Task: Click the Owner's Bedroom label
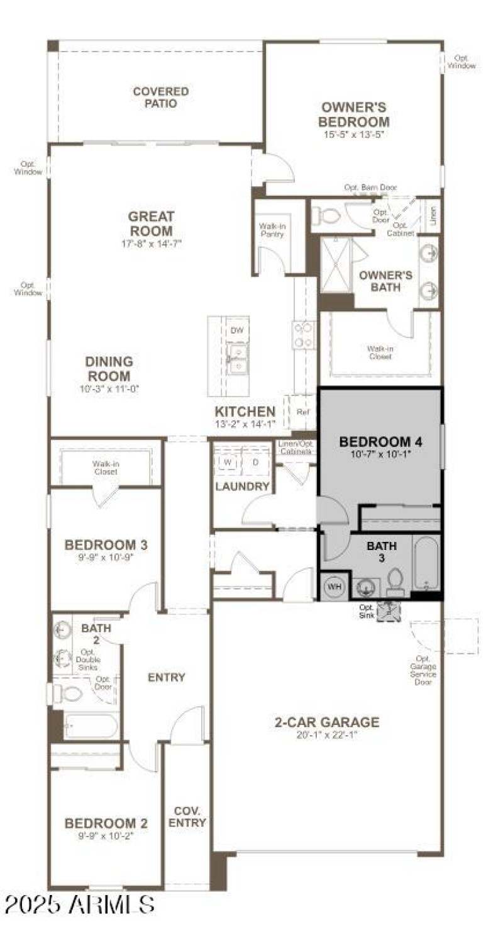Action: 353,115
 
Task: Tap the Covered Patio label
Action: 160,98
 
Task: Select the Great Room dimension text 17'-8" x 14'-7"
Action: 151,244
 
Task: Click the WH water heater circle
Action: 334,587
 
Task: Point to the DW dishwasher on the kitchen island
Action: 237,330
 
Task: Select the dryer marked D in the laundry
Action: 255,461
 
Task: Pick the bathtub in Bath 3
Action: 427,563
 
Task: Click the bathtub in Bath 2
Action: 91,726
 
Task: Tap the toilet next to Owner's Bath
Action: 326,217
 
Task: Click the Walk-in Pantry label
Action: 272,230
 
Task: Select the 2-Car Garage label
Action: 327,722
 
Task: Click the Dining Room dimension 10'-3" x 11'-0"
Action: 110,389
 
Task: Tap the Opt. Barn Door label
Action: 370,188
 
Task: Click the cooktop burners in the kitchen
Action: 303,334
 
